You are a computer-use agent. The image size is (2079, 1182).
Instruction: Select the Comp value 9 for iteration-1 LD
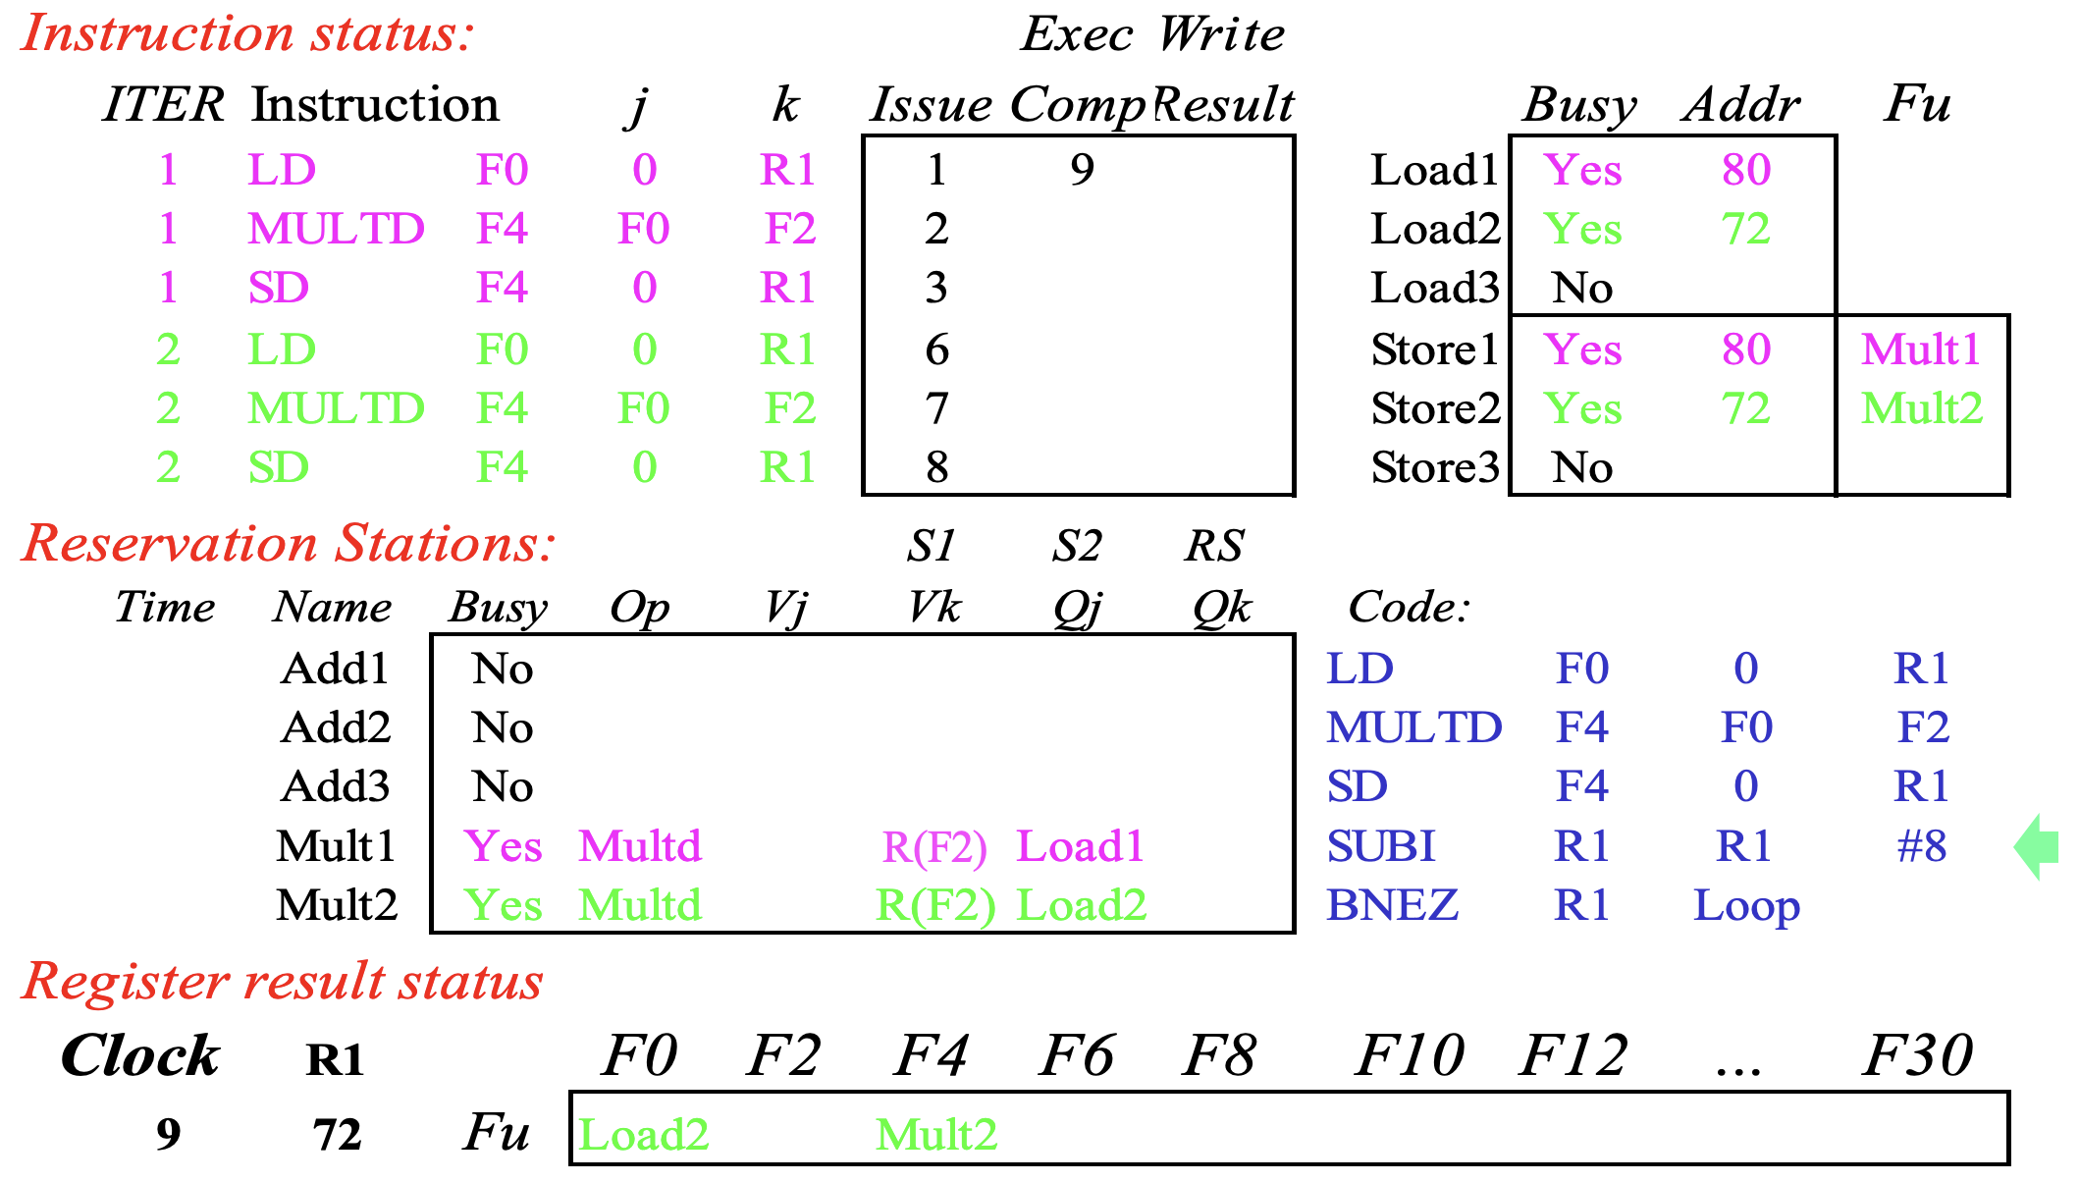[x=1082, y=170]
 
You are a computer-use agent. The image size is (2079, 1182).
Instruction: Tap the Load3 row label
[x=1435, y=288]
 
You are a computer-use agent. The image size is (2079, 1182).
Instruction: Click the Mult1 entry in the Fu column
[x=1921, y=349]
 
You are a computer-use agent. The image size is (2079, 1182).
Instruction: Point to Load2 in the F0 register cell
[x=644, y=1135]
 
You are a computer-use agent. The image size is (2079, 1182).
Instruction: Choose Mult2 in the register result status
[x=936, y=1135]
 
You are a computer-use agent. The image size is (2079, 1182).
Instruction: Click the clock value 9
[x=169, y=1135]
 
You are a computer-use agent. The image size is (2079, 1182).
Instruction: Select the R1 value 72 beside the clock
[x=338, y=1135]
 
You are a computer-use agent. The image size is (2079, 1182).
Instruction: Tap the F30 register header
[x=1918, y=1056]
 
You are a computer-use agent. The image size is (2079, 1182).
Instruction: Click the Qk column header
[x=1222, y=608]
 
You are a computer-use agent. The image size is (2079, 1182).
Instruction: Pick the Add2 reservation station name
[x=336, y=727]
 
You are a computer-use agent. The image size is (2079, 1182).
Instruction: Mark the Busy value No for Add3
[x=503, y=786]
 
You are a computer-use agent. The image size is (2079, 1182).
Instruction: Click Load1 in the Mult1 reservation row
[x=1081, y=846]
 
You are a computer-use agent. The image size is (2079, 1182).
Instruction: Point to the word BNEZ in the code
[x=1392, y=905]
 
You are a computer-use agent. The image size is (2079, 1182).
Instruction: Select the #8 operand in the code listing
[x=1922, y=846]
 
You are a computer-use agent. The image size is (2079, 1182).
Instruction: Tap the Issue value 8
[x=936, y=467]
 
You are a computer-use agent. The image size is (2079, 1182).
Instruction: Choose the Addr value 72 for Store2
[x=1746, y=408]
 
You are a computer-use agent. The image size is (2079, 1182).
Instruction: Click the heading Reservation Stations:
[x=289, y=544]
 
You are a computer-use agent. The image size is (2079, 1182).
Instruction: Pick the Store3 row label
[x=1435, y=467]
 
